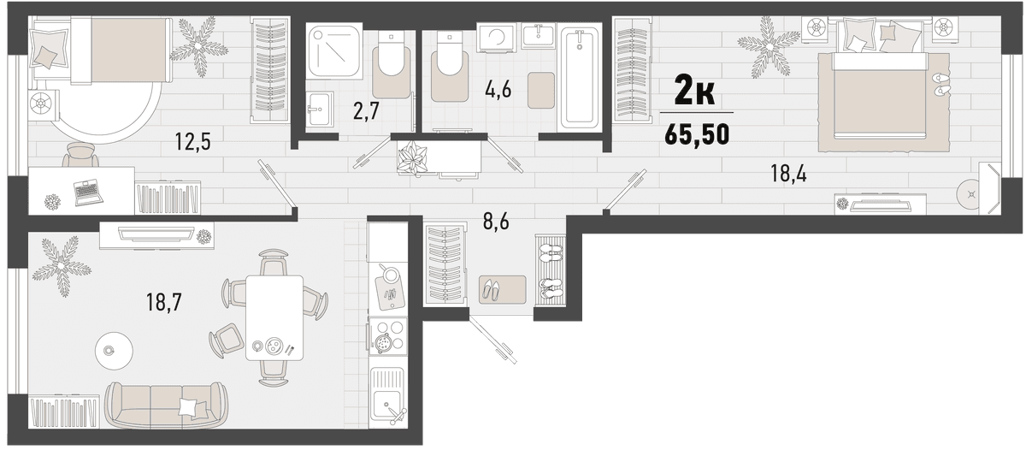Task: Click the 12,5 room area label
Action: [192, 142]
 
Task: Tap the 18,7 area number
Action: [164, 302]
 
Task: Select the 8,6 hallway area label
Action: [496, 222]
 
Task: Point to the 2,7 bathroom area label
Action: [366, 111]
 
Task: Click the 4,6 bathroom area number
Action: [498, 89]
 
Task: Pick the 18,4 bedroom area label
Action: [788, 175]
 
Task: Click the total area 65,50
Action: [697, 134]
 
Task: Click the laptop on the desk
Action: [88, 192]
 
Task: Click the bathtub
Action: [580, 79]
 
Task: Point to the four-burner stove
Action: [388, 337]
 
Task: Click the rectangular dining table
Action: [274, 317]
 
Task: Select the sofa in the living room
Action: [166, 406]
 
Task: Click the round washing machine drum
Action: [497, 35]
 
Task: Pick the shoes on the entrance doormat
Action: [491, 290]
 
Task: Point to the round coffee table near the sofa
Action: [114, 351]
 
